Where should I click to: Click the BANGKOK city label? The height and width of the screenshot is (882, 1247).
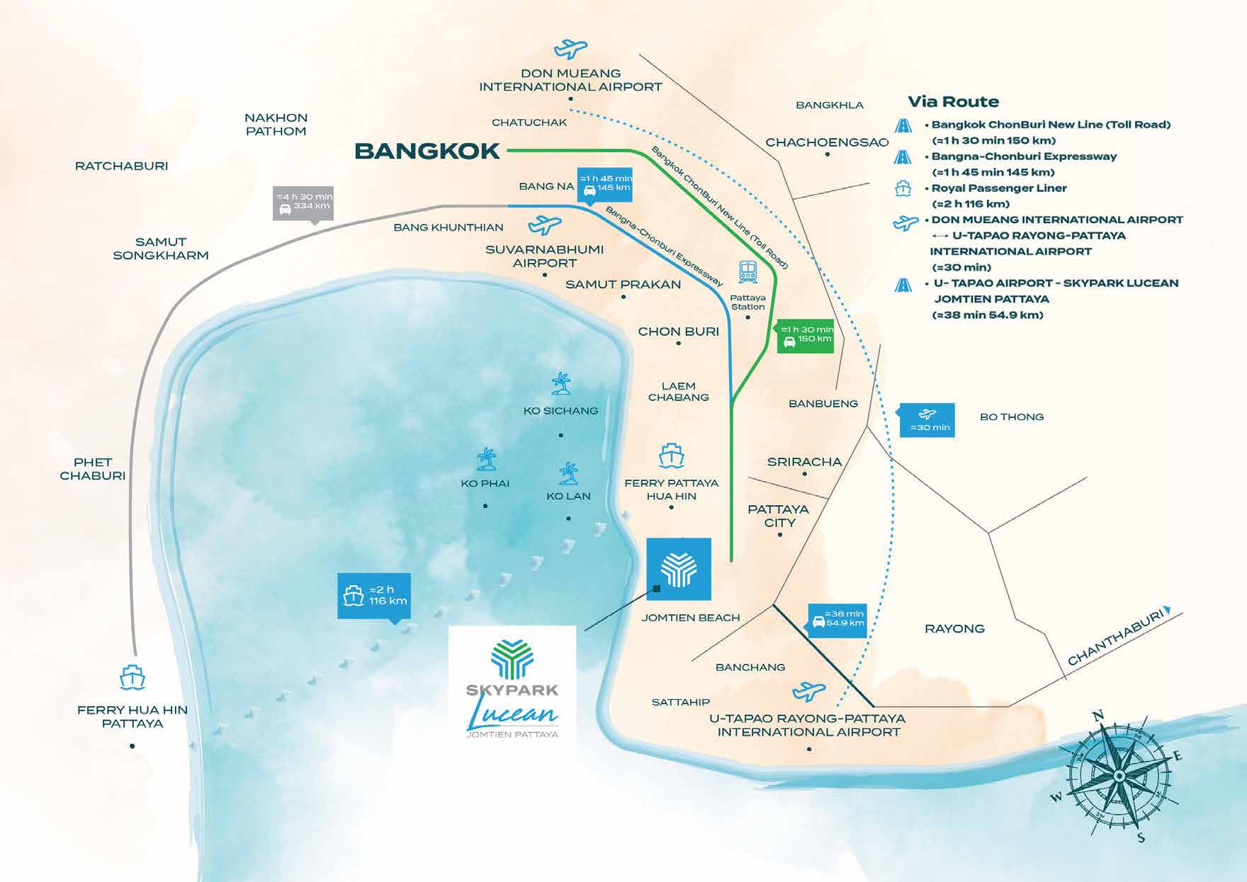(x=427, y=151)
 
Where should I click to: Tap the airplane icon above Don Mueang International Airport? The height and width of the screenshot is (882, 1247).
(x=570, y=49)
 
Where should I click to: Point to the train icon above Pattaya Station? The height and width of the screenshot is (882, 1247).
(x=748, y=271)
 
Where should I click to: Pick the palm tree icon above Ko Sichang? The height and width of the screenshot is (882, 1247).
(x=561, y=384)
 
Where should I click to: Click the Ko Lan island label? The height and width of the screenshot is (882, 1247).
(x=568, y=496)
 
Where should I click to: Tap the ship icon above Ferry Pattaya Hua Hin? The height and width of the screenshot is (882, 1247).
(x=671, y=456)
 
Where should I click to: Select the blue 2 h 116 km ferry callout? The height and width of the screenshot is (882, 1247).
(x=373, y=595)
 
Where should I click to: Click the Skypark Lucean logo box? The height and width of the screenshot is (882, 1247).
(x=513, y=684)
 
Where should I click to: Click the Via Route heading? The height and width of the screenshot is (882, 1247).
(x=953, y=101)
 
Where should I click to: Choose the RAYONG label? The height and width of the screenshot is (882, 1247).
(x=954, y=628)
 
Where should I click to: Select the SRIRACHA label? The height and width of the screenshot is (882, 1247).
(x=804, y=462)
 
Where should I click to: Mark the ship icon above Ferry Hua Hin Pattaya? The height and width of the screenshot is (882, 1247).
(x=132, y=677)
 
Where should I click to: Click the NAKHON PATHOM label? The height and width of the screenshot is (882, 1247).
(x=276, y=124)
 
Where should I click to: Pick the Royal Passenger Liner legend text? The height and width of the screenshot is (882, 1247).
(x=999, y=188)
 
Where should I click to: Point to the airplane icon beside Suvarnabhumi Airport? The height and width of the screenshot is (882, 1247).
(x=544, y=225)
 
